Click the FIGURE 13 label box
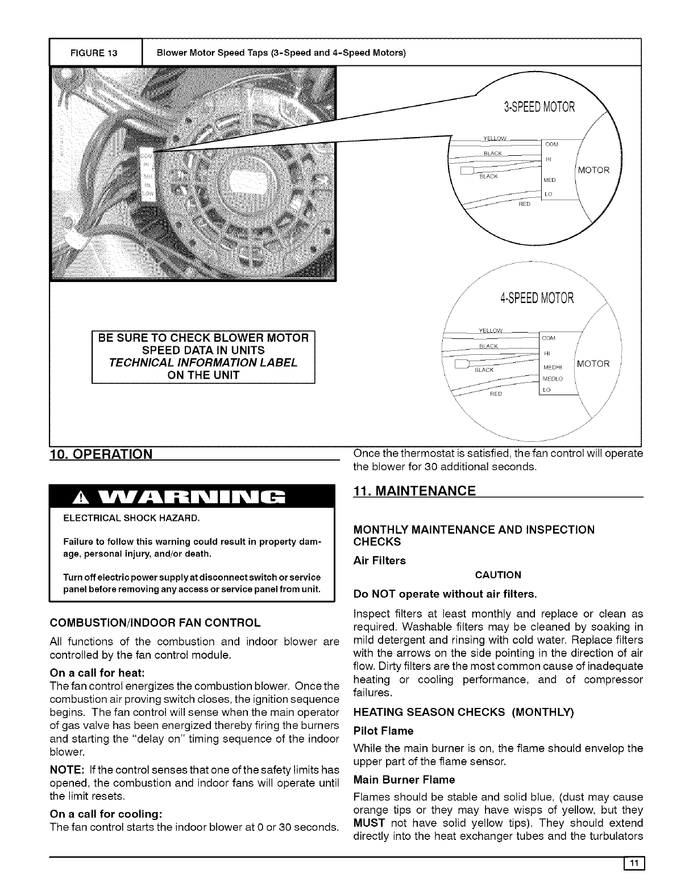click(94, 53)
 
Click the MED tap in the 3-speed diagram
click(550, 180)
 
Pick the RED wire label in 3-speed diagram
click(525, 204)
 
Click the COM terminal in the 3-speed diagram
click(552, 144)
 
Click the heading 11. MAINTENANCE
click(414, 491)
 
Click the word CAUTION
click(498, 575)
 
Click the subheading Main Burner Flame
click(404, 778)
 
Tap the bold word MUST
click(367, 823)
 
